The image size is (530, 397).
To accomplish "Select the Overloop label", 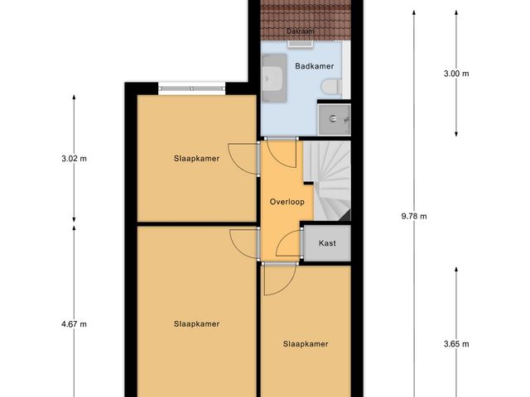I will tap(287, 202).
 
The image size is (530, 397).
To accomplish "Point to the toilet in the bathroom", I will tap(333, 84).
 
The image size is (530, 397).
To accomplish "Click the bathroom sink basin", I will tap(273, 79).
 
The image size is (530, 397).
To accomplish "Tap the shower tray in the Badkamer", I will tap(335, 119).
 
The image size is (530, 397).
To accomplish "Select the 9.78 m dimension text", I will tap(413, 217).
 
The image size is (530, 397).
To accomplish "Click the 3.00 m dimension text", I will tap(455, 74).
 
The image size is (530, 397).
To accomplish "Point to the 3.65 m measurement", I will tap(455, 344).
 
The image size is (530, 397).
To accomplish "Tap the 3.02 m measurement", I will tap(74, 159).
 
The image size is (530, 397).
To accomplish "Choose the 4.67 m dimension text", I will tap(74, 324).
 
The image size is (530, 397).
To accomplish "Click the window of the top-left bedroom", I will tap(191, 88).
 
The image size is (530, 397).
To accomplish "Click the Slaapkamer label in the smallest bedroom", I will tap(306, 344).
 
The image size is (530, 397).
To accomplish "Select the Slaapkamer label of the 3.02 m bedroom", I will tap(196, 159).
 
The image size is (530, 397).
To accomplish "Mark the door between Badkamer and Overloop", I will tap(282, 138).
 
